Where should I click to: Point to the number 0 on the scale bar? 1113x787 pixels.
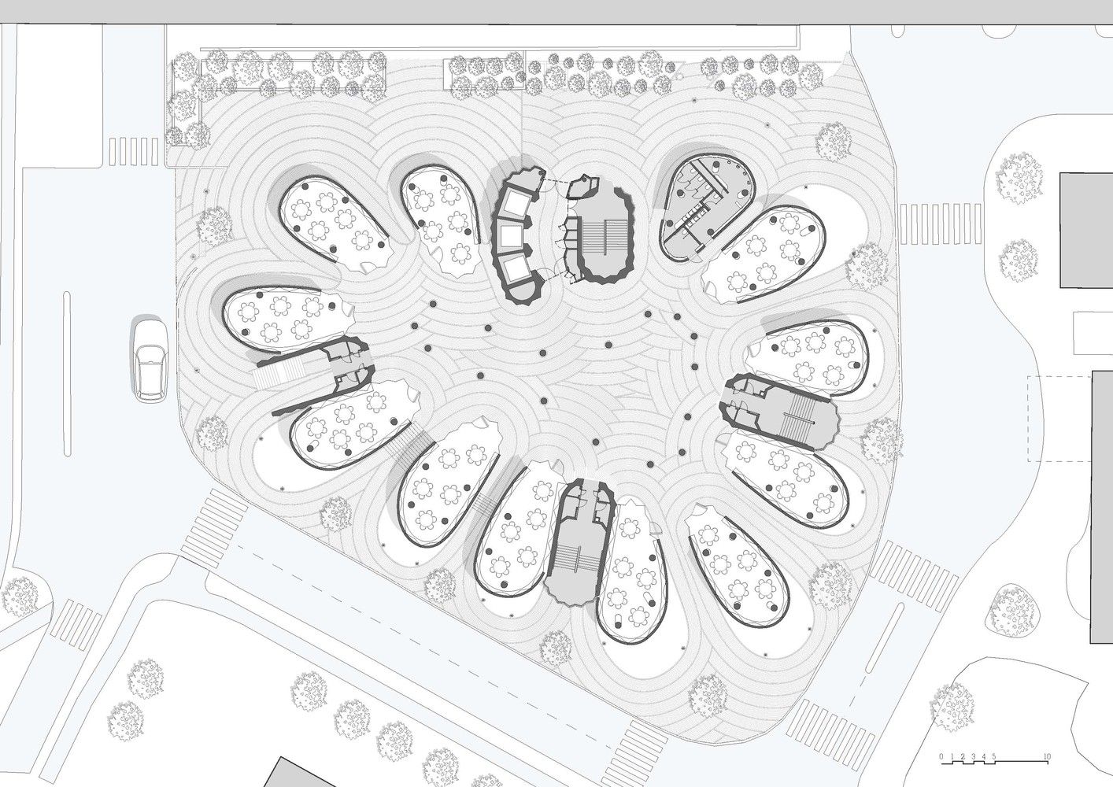[x=941, y=756]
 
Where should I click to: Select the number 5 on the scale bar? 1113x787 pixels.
[x=993, y=756]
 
